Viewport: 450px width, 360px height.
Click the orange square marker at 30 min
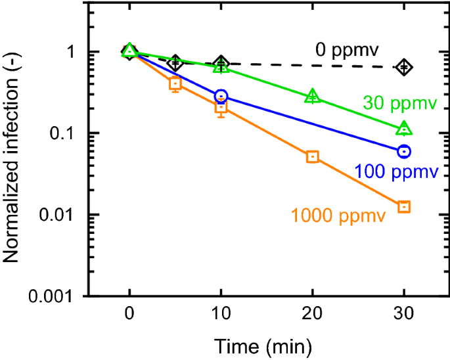pyautogui.click(x=404, y=207)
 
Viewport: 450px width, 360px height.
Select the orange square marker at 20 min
pyautogui.click(x=313, y=156)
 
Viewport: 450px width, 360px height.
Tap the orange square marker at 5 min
pyautogui.click(x=175, y=83)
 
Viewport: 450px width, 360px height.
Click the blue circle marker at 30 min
pyautogui.click(x=404, y=151)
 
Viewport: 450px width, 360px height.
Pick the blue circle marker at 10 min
pyautogui.click(x=221, y=96)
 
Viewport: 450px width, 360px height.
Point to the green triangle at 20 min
pyautogui.click(x=313, y=97)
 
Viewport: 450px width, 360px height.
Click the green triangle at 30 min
pyautogui.click(x=404, y=128)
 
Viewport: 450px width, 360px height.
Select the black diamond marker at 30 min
pyautogui.click(x=404, y=66)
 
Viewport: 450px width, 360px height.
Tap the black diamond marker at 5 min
pyautogui.click(x=175, y=63)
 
